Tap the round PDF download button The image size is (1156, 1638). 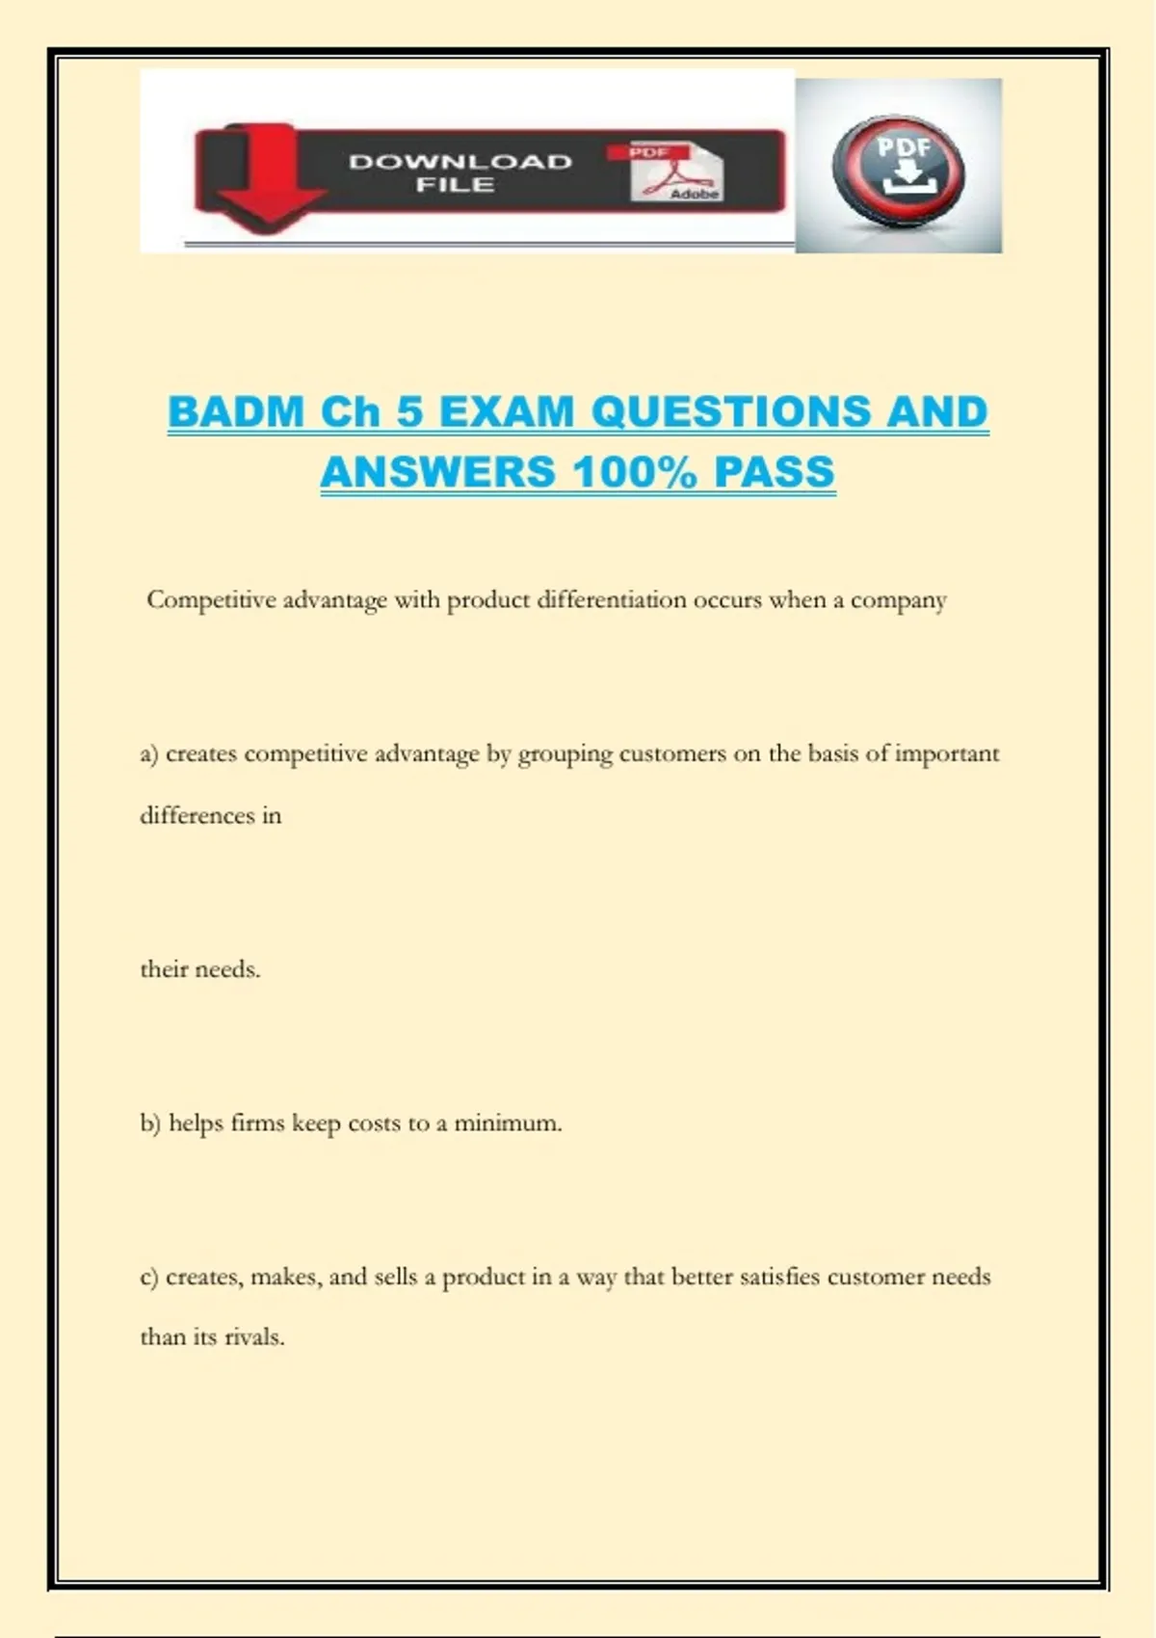(898, 171)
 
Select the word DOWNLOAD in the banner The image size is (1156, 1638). (460, 162)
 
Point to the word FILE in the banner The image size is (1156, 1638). (456, 185)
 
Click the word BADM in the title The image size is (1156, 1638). (236, 412)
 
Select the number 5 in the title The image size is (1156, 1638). (410, 412)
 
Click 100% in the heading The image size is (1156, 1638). (634, 472)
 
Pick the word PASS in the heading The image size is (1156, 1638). (774, 472)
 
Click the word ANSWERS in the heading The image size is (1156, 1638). (438, 472)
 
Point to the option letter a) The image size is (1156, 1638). (148, 753)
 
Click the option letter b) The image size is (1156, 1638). (149, 1123)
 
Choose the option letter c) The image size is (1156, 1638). (148, 1278)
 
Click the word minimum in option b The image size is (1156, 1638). (507, 1123)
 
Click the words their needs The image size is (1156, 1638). (200, 969)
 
